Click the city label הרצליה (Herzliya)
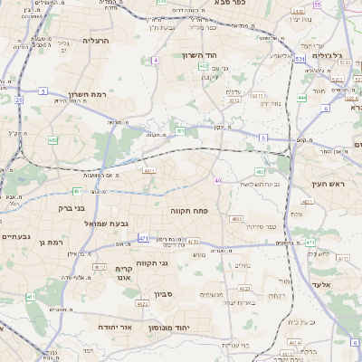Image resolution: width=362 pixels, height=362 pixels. point(95,41)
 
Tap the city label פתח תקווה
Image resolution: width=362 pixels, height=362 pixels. point(189,209)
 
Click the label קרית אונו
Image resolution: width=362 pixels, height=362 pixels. point(125,274)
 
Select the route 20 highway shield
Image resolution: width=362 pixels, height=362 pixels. point(18,100)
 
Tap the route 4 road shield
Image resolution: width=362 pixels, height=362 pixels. point(156,60)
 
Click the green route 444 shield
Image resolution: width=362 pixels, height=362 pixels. point(301,98)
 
